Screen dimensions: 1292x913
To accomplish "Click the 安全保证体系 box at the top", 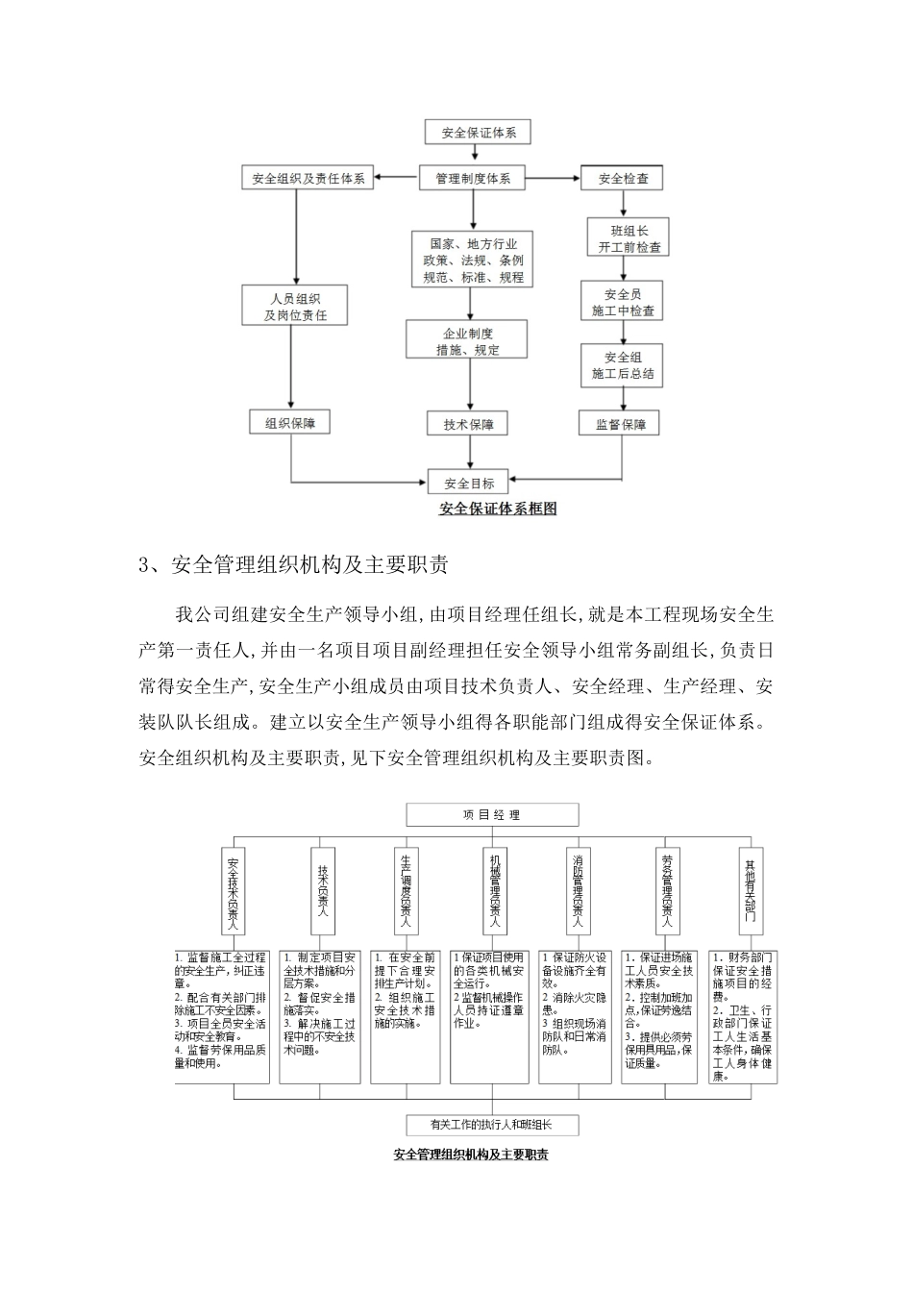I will click(479, 133).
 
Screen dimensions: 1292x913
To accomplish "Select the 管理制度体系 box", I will click(472, 178).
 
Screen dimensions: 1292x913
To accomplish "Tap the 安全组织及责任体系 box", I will click(308, 179).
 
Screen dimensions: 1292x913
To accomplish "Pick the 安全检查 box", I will click(623, 179).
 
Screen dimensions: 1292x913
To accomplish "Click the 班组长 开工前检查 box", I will click(623, 238).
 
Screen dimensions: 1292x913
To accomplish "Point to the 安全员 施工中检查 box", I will click(623, 303).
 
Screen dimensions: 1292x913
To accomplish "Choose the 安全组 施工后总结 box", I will click(622, 365).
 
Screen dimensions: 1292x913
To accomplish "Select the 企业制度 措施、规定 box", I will click(469, 341).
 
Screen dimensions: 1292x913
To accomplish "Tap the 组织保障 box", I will click(292, 422).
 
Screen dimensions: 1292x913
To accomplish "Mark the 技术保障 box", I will click(468, 425).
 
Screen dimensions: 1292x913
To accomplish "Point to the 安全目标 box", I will click(468, 483).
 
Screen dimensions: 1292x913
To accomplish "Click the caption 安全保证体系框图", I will click(498, 509).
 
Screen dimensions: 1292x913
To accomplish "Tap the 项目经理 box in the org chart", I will click(492, 815).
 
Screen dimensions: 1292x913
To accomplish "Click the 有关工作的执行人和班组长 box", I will click(491, 1124).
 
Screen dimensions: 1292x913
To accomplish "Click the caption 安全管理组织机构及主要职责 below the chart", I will click(471, 1155).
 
